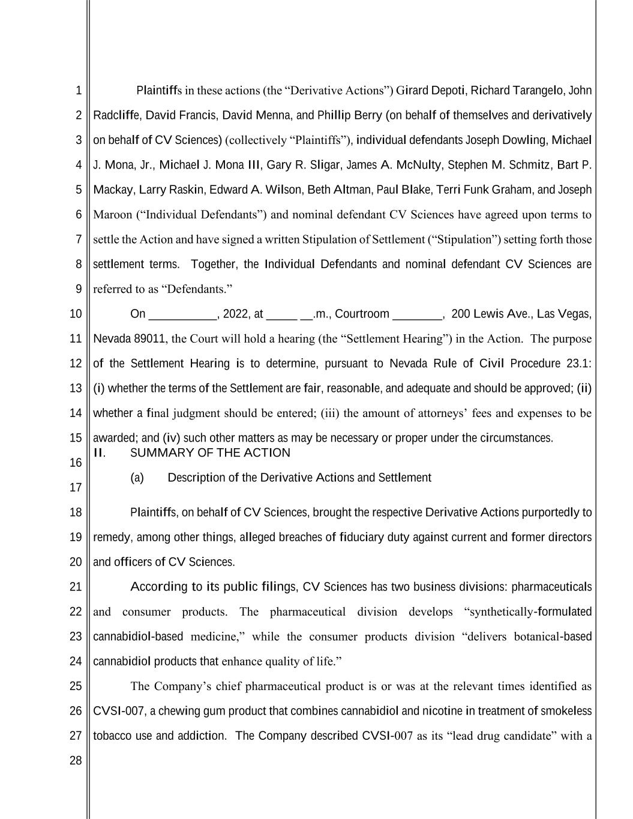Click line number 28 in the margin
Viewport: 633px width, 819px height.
pyautogui.click(x=76, y=761)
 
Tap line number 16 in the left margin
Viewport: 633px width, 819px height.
pyautogui.click(x=76, y=463)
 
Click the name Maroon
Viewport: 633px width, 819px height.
pyautogui.click(x=112, y=215)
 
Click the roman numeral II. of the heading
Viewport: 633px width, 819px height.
pyautogui.click(x=100, y=453)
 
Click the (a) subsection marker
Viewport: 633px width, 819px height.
pyautogui.click(x=137, y=478)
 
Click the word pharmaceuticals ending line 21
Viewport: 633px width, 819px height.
pyautogui.click(x=551, y=587)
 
